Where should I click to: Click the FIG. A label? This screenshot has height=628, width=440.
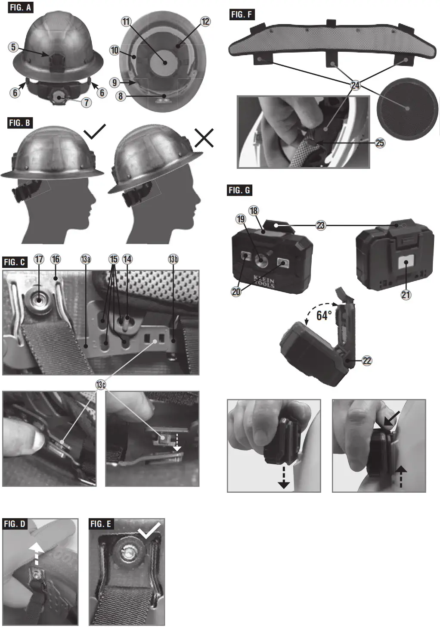click(20, 8)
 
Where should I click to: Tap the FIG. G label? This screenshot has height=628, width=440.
click(239, 190)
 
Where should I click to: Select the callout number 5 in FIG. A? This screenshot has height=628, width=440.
click(13, 47)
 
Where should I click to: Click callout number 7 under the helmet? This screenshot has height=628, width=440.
click(87, 102)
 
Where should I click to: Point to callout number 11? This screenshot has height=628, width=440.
click(126, 22)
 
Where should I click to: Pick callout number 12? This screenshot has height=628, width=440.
click(205, 22)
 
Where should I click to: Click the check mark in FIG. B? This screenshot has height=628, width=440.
click(95, 132)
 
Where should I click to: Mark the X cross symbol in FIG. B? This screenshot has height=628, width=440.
click(204, 138)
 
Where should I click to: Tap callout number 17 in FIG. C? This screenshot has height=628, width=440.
click(39, 259)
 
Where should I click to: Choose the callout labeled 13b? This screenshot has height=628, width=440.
click(173, 259)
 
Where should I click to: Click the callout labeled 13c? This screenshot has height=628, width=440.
click(101, 385)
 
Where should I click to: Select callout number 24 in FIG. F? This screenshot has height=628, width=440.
click(355, 85)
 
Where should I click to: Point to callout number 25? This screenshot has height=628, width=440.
click(380, 143)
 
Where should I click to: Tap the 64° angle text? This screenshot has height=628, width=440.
click(324, 315)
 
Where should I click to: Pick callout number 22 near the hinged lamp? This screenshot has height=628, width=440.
click(367, 361)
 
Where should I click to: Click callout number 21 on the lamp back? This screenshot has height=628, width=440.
click(406, 295)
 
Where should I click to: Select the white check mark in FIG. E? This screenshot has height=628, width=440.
click(149, 530)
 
